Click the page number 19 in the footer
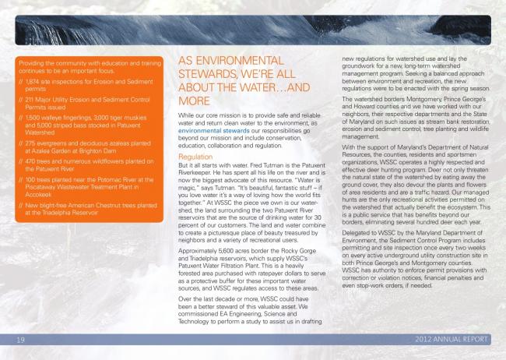tap(22, 340)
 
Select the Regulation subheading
tap(195, 157)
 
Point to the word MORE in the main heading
tap(195, 101)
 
